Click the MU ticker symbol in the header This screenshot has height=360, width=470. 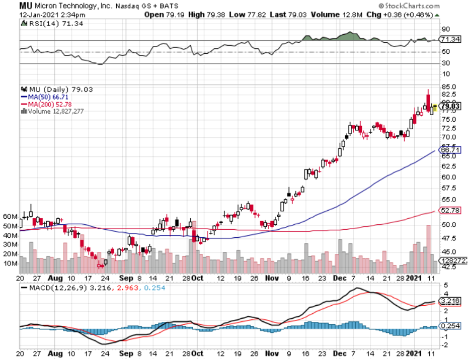point(27,6)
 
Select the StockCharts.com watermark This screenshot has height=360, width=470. point(411,6)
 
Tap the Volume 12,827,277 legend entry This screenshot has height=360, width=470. point(54,111)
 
